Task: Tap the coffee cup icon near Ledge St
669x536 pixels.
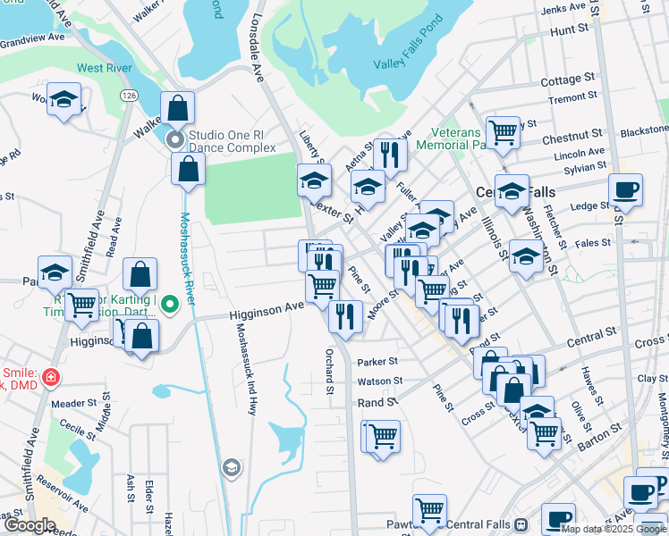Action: tap(626, 190)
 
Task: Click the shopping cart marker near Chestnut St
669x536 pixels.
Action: tap(504, 132)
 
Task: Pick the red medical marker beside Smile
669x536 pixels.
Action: tap(51, 377)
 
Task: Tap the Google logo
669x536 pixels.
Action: tap(30, 525)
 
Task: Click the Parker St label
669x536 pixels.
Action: tap(377, 363)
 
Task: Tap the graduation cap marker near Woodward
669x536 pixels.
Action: tap(64, 100)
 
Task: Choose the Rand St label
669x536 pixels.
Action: tap(377, 402)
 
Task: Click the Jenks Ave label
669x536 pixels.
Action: tap(563, 9)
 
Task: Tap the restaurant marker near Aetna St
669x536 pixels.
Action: tap(389, 155)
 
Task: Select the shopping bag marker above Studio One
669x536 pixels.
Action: tap(178, 108)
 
